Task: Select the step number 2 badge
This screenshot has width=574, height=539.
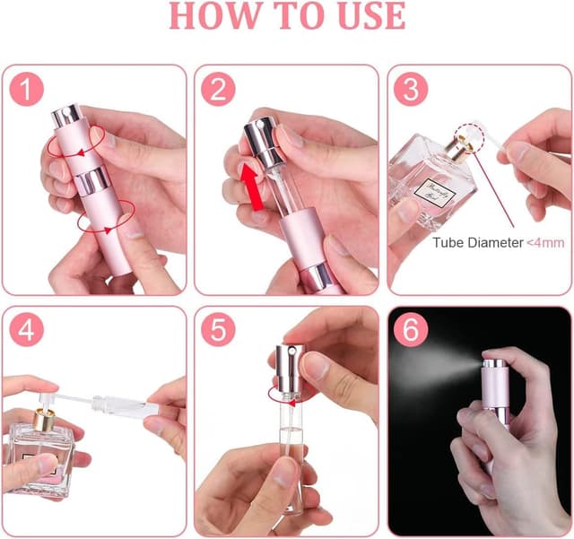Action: (218, 90)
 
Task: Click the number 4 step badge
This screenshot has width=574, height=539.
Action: (27, 331)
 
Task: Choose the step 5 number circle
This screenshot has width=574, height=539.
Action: (218, 331)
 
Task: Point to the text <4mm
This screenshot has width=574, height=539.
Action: (545, 242)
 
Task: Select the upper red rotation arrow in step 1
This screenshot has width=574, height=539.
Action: (77, 141)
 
